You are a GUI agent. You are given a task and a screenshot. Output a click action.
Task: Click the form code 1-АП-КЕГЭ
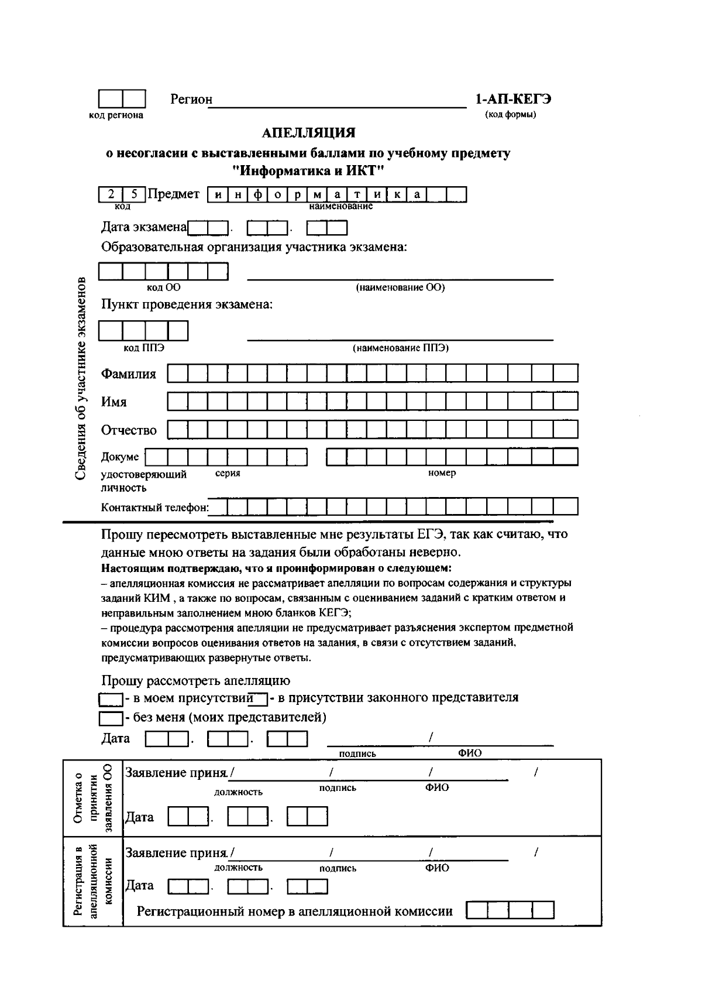(x=512, y=99)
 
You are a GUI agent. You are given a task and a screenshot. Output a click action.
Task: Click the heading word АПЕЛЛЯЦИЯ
(x=308, y=133)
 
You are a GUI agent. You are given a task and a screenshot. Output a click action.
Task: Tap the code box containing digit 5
(x=135, y=194)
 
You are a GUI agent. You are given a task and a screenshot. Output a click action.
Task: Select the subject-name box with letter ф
(x=258, y=194)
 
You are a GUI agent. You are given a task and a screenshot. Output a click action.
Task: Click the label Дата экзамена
(x=144, y=227)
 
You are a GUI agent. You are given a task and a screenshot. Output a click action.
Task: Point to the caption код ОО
(x=163, y=287)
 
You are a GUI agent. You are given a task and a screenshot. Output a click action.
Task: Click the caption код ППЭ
(x=144, y=348)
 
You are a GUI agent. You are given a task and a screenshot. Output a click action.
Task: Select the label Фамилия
(x=129, y=374)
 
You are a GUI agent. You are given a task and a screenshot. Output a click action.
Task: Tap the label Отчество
(x=129, y=430)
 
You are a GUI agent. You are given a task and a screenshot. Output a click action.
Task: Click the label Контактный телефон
(x=155, y=508)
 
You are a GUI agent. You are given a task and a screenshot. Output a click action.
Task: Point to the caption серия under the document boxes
(x=228, y=473)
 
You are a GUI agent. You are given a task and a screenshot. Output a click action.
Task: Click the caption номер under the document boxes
(x=442, y=473)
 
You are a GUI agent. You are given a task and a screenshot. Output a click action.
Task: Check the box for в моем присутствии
(x=111, y=699)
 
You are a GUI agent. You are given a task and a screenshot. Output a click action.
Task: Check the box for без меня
(x=111, y=718)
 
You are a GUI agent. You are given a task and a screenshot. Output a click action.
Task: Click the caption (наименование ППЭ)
(x=400, y=348)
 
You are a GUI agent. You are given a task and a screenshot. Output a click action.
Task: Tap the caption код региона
(x=116, y=115)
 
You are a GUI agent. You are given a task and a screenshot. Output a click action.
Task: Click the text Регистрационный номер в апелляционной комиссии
(x=294, y=912)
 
